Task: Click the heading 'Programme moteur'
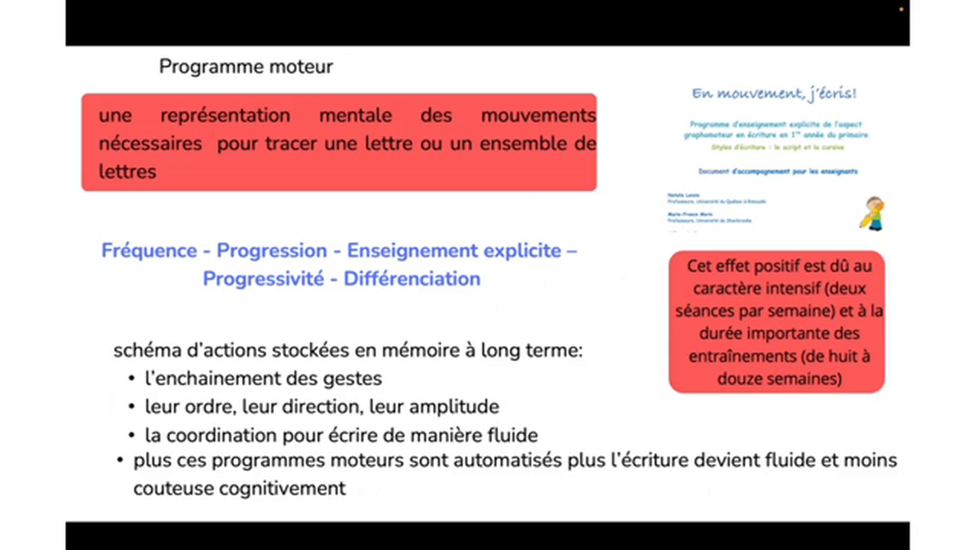[x=246, y=67]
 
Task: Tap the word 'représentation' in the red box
[x=225, y=116]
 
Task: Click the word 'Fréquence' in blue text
[x=150, y=251]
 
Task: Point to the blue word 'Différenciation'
[x=411, y=279]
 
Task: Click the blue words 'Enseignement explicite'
[x=454, y=251]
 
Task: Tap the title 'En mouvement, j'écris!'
[x=774, y=93]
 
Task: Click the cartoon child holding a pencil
[x=873, y=213]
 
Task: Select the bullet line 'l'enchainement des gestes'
[x=263, y=378]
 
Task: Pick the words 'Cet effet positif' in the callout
[x=741, y=266]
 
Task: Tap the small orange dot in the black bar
[x=901, y=9]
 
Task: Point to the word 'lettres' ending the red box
[x=127, y=171]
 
